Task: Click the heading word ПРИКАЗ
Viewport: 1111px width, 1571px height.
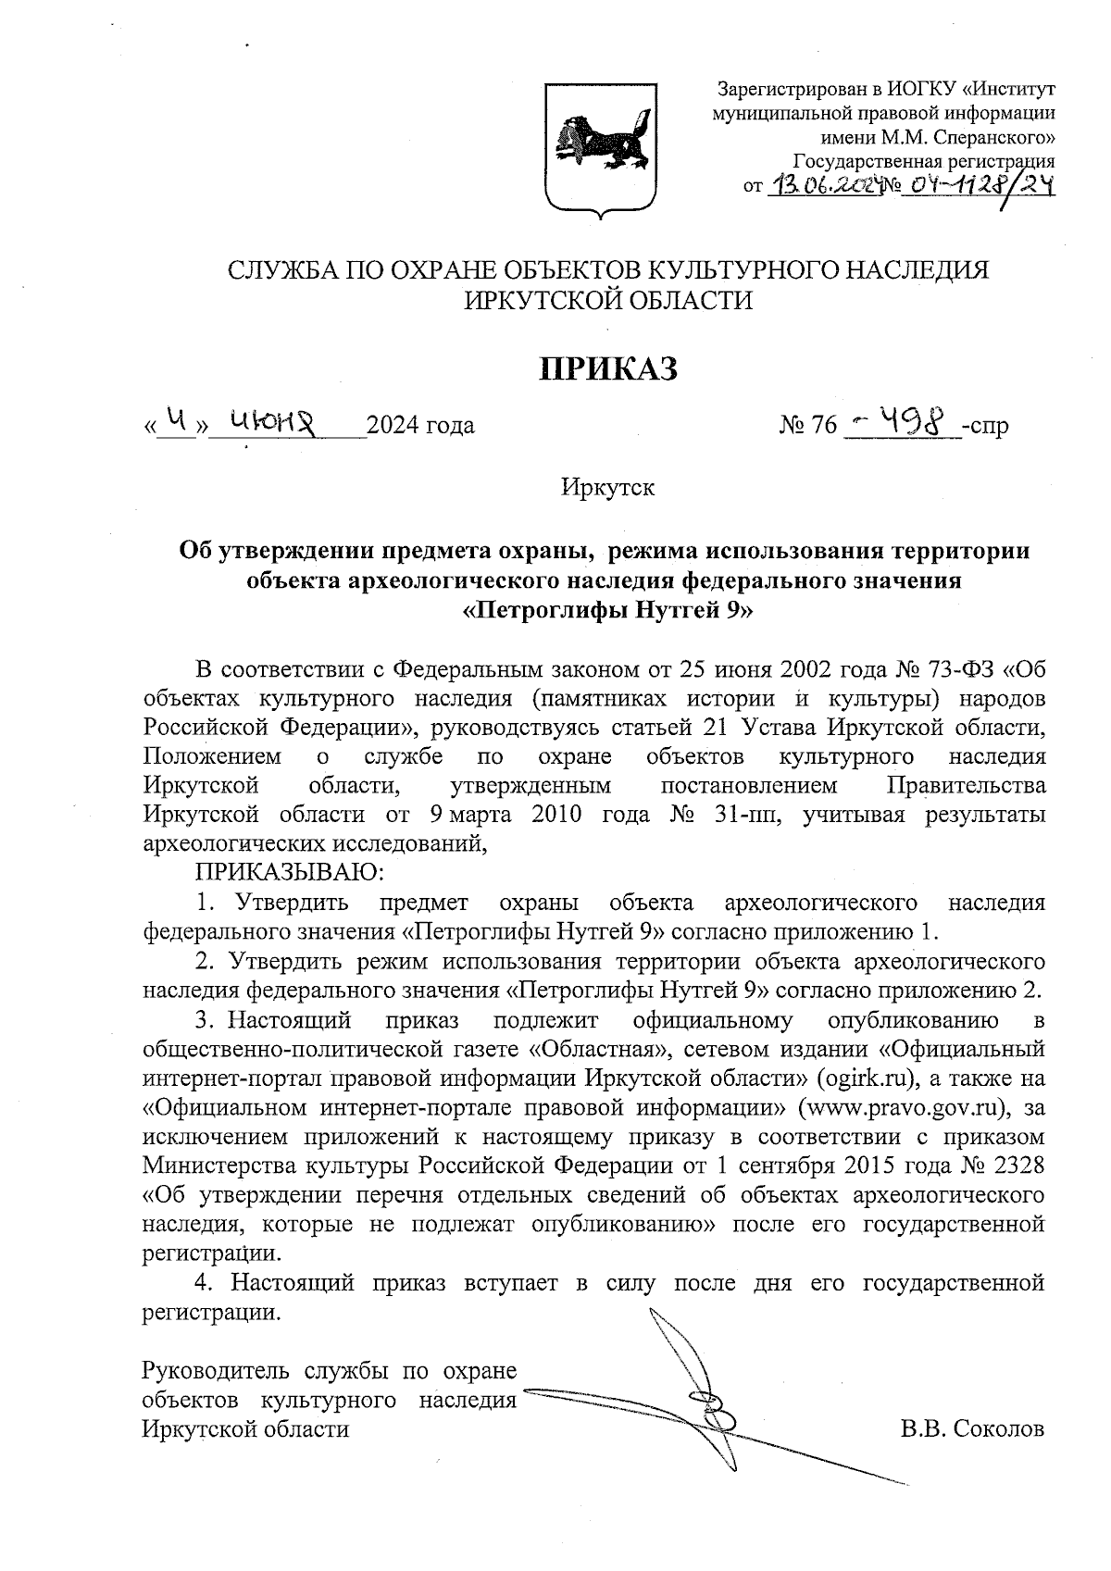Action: tap(609, 368)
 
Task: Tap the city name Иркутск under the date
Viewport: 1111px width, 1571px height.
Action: tap(607, 488)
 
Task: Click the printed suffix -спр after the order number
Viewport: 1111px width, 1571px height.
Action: tap(986, 426)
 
